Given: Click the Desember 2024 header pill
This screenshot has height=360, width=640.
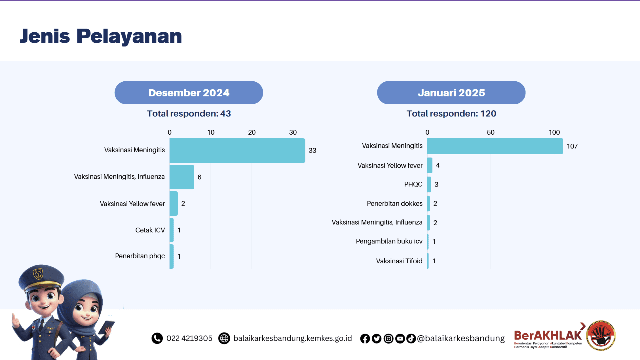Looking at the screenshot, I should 189,93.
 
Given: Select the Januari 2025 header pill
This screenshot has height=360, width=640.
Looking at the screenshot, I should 451,93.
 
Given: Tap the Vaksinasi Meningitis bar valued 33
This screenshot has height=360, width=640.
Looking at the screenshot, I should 237,150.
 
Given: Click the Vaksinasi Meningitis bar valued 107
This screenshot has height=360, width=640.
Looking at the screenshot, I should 495,146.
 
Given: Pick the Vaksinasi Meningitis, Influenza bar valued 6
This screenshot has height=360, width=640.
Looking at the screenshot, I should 182,177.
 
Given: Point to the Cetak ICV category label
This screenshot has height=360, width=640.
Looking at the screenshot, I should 150,230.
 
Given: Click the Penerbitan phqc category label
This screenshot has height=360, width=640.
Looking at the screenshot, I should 140,256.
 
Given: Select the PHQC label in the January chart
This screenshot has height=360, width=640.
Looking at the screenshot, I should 413,184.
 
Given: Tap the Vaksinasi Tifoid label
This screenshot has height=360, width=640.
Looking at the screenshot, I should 399,261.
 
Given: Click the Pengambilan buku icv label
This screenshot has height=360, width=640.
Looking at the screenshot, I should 389,241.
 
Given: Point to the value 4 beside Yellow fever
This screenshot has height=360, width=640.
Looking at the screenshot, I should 438,165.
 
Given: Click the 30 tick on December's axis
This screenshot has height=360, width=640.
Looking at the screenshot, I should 293,132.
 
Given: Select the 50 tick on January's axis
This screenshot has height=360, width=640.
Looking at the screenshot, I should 490,132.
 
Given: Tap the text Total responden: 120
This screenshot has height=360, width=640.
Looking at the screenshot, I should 451,114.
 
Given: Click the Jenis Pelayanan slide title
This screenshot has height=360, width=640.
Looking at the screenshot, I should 101,36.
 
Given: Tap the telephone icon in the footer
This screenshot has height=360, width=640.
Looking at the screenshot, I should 157,338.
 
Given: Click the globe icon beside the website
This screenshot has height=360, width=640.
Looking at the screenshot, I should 224,338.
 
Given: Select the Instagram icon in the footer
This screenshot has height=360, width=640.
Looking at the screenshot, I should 388,339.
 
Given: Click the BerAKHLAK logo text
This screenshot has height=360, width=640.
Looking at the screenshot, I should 548,335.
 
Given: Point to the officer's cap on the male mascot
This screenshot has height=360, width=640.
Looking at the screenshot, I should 41,277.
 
